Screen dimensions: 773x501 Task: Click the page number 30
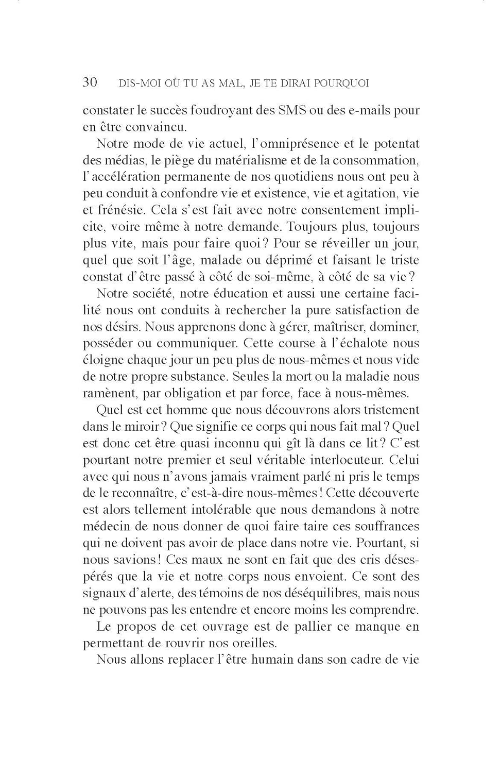tap(90, 82)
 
